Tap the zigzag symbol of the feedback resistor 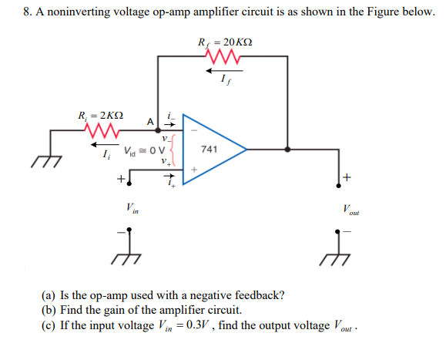coord(223,57)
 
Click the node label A coord(152,121)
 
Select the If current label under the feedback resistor coord(223,80)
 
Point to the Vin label coord(132,206)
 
